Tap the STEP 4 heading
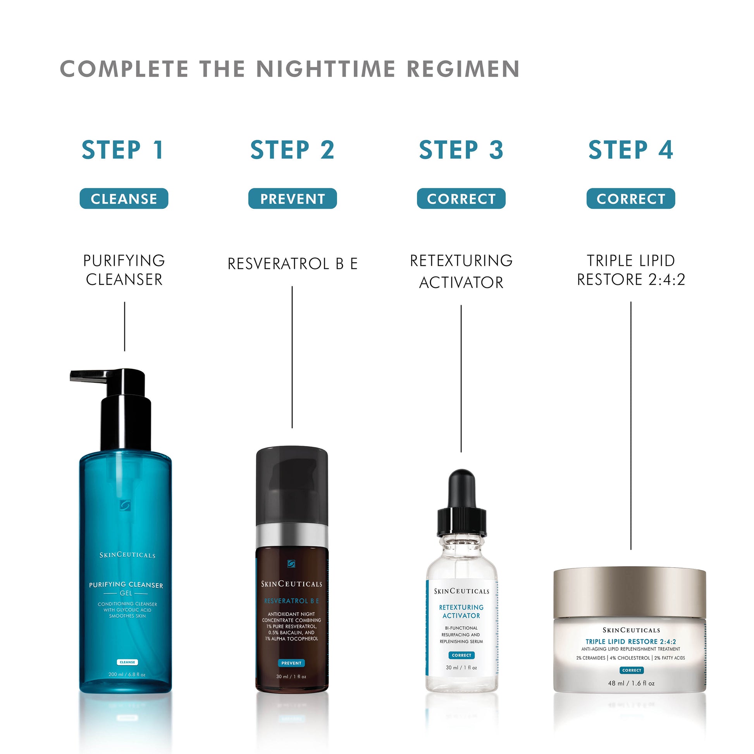coord(631,150)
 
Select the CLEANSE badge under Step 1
coord(124,199)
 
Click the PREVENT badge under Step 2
coord(292,199)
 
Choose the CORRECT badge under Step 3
coord(461,199)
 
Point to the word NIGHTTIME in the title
coord(325,69)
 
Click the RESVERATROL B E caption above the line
coord(292,264)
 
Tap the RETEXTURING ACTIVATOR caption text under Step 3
coord(461,271)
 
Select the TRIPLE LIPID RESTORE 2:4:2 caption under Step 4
coord(631,270)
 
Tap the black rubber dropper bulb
coord(462,489)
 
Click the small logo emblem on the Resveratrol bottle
coord(291,563)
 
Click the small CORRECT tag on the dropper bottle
coord(461,655)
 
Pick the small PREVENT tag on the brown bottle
coord(291,663)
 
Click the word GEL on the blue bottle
coord(126,593)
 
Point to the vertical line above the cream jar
coord(631,425)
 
